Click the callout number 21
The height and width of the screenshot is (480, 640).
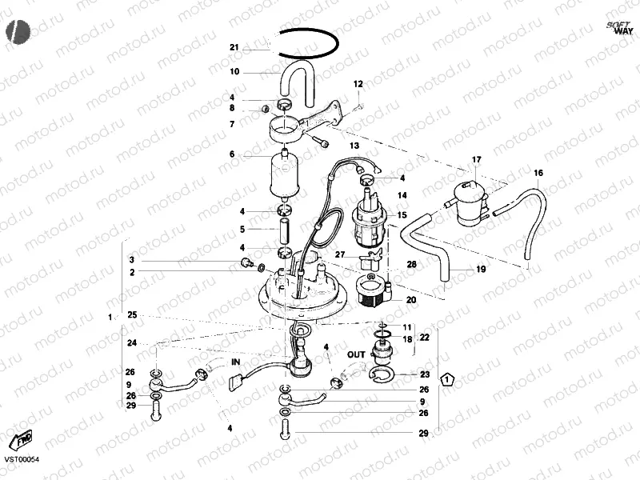coord(234,48)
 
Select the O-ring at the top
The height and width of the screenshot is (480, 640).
coord(310,31)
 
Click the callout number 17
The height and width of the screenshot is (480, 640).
coord(476,161)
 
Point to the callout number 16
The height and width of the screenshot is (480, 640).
coord(538,173)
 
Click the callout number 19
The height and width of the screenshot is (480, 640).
coord(481,270)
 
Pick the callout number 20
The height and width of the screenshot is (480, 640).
coord(411,300)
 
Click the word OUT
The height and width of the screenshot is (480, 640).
coord(356,353)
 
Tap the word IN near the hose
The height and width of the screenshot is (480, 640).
coord(235,362)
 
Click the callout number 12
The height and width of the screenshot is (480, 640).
coord(358,84)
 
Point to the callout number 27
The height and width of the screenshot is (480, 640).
coord(340,255)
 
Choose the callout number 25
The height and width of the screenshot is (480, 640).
coord(132,315)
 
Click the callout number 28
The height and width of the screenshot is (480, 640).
coord(411,263)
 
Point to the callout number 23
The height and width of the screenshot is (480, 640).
coord(425,374)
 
